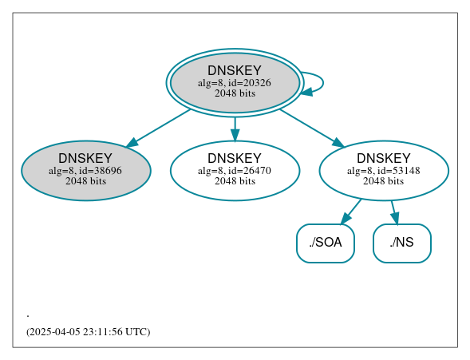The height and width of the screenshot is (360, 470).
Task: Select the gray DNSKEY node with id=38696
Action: click(x=86, y=170)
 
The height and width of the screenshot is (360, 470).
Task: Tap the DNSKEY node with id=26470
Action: click(x=235, y=170)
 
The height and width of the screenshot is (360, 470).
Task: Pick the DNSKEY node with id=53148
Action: click(x=384, y=170)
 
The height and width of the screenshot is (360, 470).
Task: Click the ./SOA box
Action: click(x=325, y=243)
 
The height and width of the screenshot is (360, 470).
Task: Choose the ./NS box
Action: click(x=402, y=243)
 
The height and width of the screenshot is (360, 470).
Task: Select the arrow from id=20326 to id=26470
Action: click(x=235, y=129)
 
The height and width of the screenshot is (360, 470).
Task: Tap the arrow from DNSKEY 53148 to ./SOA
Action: click(x=352, y=212)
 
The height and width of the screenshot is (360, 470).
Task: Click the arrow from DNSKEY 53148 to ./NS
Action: click(x=393, y=212)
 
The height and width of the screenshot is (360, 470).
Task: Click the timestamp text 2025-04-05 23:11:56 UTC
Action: click(x=88, y=331)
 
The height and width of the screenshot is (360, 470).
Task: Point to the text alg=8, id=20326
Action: click(x=235, y=82)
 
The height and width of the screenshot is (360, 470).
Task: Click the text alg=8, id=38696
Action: click(x=85, y=170)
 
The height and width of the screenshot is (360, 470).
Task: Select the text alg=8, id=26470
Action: click(x=235, y=170)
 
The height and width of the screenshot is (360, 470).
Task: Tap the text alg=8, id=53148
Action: click(x=384, y=170)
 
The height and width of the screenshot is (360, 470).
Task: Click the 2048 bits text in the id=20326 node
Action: click(x=235, y=93)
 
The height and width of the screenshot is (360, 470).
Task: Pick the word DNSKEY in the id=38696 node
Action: click(x=85, y=158)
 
